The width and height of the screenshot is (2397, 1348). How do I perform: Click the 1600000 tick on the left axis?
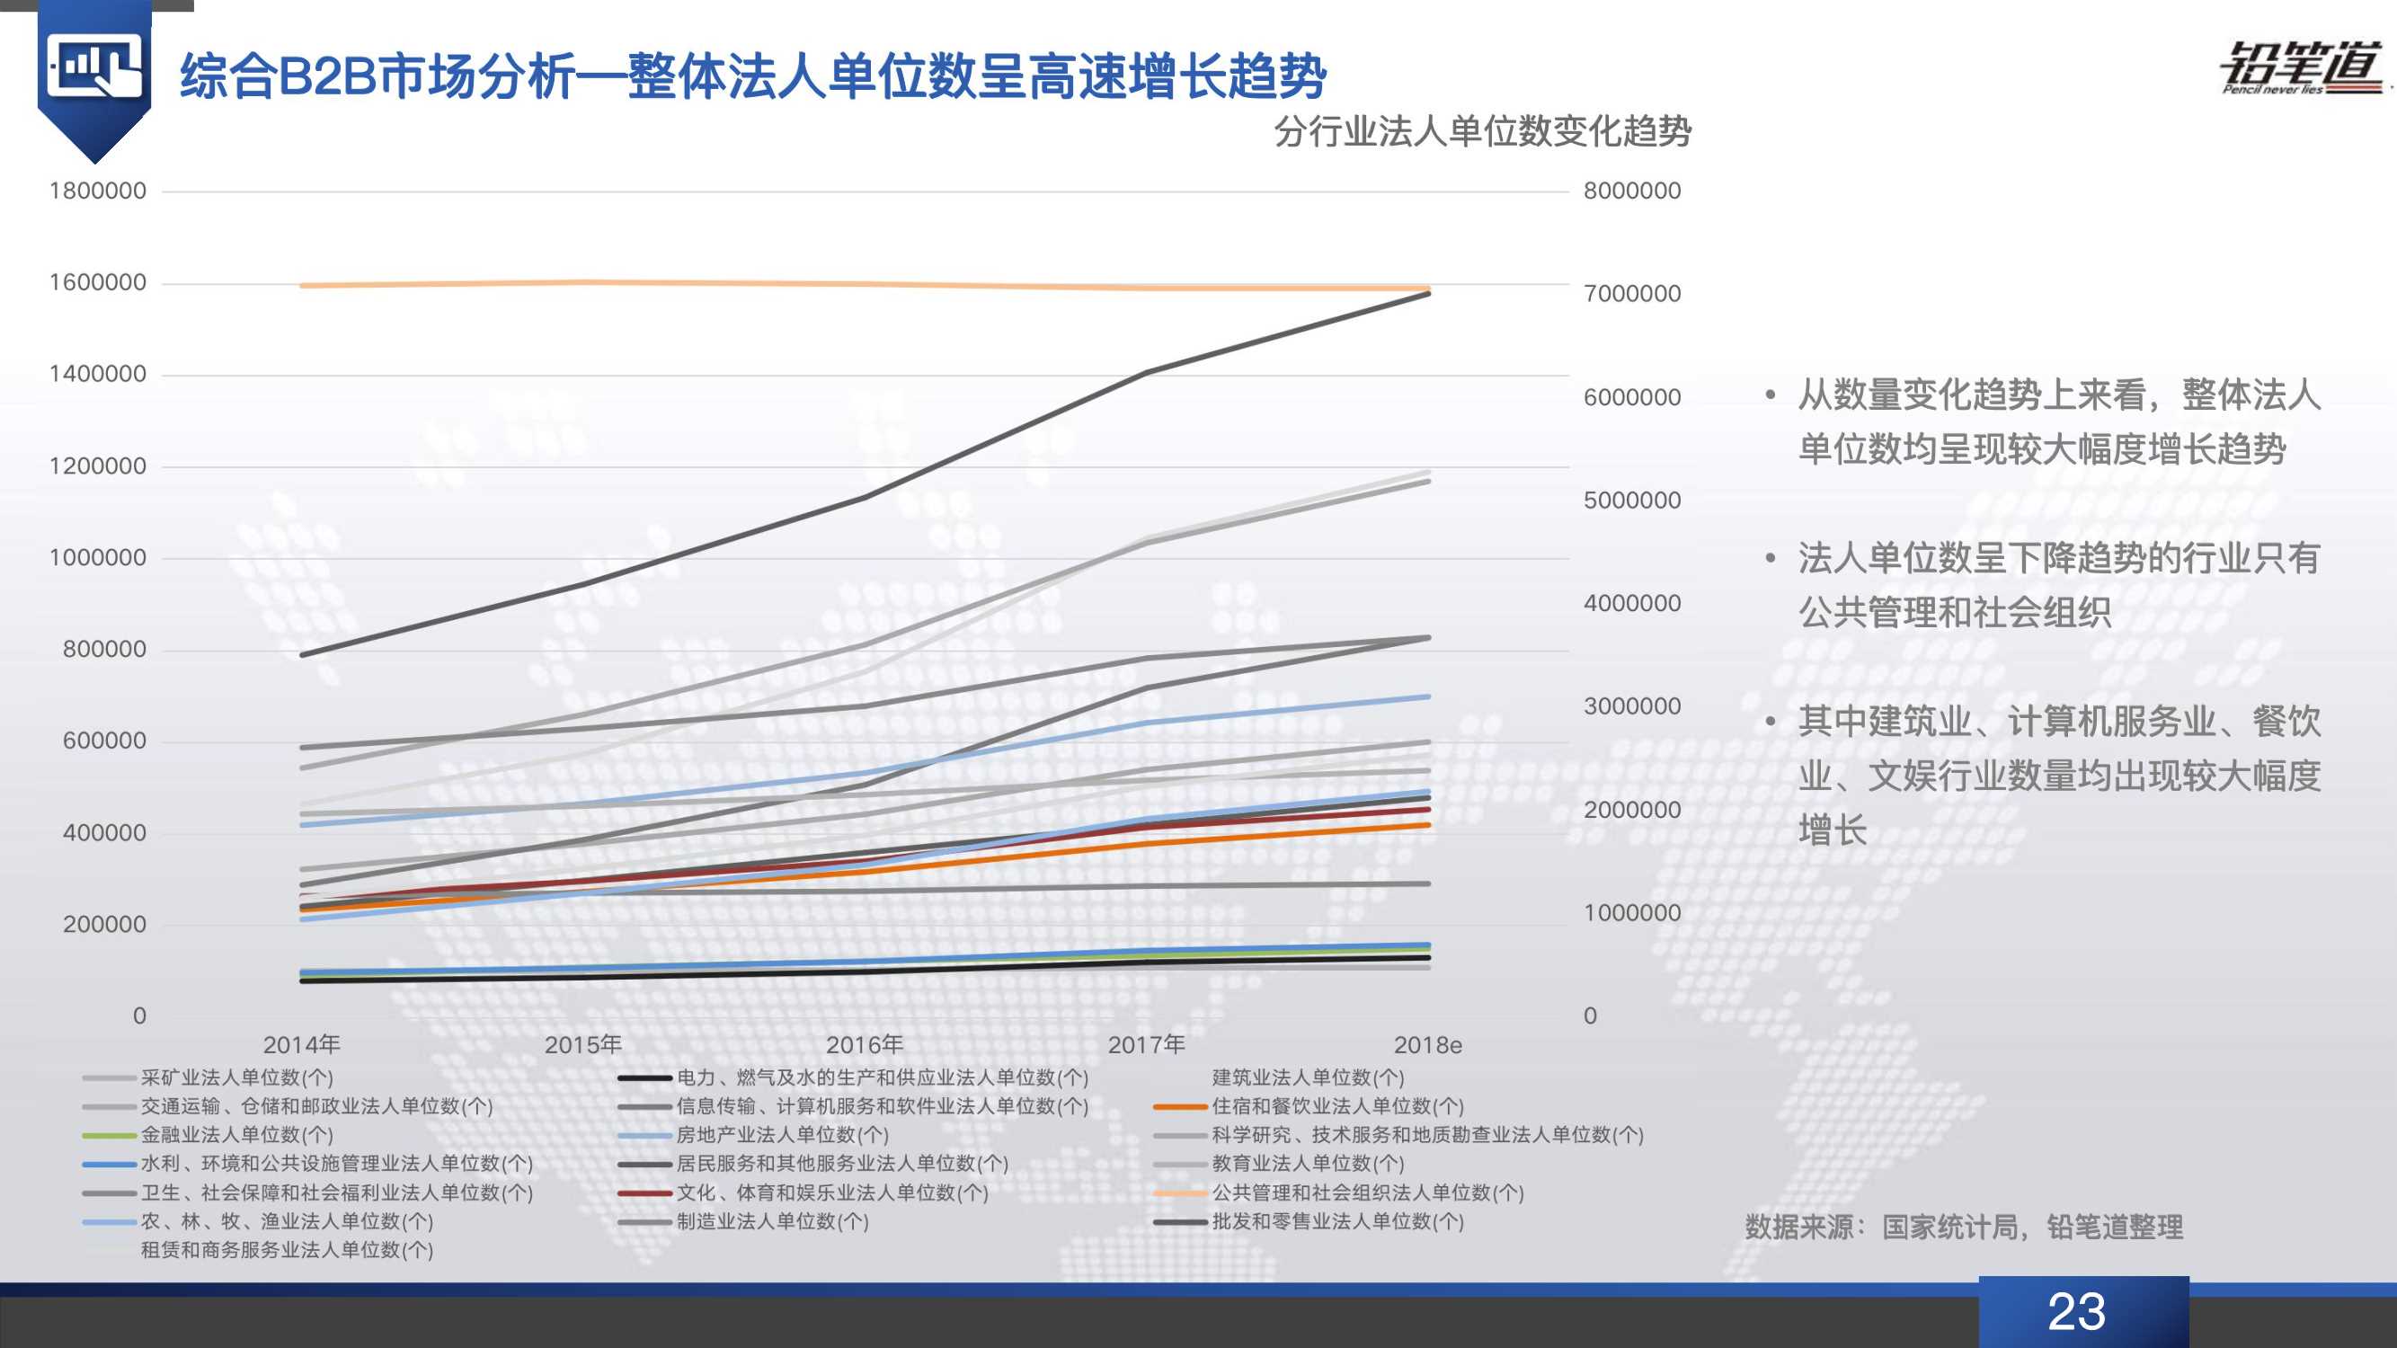pos(98,283)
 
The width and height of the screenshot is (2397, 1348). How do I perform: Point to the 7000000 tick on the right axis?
pos(1632,294)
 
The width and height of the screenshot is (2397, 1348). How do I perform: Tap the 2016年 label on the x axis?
pos(864,1045)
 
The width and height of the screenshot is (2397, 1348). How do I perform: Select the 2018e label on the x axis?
pos(1427,1046)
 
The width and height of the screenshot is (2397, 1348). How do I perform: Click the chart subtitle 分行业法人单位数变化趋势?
pos(1482,131)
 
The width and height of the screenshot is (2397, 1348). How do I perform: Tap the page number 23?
pos(2076,1312)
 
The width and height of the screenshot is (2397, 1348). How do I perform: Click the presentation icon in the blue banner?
pos(95,68)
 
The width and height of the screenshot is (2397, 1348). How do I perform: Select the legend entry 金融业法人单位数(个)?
pos(236,1135)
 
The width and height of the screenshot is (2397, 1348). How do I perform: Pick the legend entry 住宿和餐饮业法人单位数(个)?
pos(1336,1106)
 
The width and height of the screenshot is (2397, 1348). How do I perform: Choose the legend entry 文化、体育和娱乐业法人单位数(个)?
pos(832,1193)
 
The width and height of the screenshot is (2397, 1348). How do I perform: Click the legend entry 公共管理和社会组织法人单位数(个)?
pos(1367,1193)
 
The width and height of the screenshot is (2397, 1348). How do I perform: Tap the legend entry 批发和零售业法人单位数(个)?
pos(1336,1221)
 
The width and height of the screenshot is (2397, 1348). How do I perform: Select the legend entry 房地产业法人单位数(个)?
pos(782,1135)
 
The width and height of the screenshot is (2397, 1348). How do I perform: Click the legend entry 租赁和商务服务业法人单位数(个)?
pos(287,1250)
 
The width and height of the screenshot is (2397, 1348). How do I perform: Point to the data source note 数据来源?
pos(1964,1227)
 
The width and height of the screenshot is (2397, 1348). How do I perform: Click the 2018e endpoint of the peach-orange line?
pos(1427,288)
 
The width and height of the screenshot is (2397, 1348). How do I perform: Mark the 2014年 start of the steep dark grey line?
pos(302,655)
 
